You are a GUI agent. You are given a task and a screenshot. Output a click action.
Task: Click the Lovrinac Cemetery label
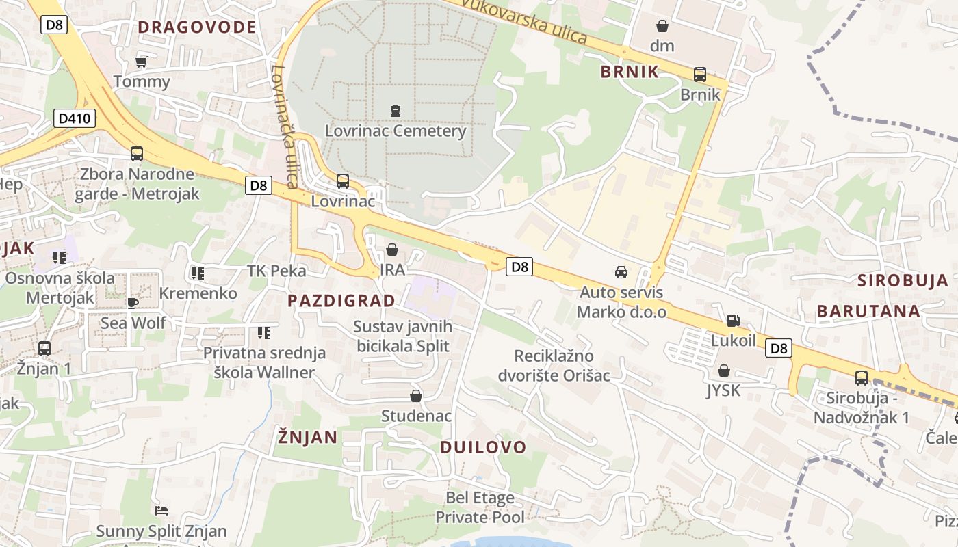(x=395, y=131)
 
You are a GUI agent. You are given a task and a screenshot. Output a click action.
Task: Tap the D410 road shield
(x=75, y=118)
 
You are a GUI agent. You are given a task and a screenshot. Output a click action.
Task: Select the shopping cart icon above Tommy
(x=142, y=62)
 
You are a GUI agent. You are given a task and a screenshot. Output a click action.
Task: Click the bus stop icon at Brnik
(x=700, y=75)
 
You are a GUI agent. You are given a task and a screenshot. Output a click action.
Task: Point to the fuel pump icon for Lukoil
(x=733, y=320)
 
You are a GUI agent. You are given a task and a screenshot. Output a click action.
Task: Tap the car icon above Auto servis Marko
(x=621, y=272)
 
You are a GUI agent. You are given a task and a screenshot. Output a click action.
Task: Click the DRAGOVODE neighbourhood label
(x=197, y=27)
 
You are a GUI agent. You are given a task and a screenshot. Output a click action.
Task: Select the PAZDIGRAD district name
(x=341, y=301)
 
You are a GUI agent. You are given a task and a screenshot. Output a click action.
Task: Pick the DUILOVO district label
(x=483, y=447)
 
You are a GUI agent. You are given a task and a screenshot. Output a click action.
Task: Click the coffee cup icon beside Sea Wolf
(x=133, y=302)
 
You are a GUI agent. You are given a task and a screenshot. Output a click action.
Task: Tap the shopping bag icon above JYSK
(x=724, y=371)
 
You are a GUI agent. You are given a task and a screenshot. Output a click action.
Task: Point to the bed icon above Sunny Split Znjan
(x=161, y=511)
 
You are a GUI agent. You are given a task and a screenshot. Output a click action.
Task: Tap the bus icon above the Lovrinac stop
(x=343, y=181)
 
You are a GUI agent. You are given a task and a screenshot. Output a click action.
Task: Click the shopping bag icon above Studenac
(x=416, y=396)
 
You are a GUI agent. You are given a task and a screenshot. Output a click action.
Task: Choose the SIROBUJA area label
(x=903, y=280)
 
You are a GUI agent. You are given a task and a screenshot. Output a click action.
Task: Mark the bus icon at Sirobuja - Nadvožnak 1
(x=862, y=377)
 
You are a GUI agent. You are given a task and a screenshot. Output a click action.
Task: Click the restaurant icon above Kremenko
(x=198, y=273)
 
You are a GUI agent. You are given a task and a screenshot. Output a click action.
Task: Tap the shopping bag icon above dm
(x=662, y=26)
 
